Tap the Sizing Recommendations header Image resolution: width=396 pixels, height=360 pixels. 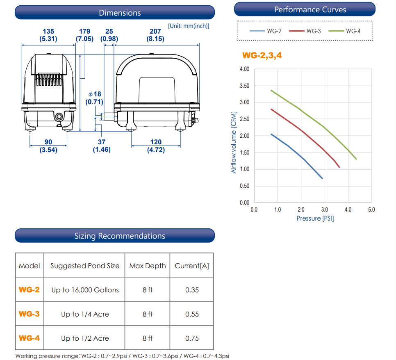tap(115, 236)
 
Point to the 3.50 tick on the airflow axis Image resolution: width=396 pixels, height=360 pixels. tap(244, 86)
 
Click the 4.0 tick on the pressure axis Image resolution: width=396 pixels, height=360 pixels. tap(348, 210)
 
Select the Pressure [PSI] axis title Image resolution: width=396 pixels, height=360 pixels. tap(315, 218)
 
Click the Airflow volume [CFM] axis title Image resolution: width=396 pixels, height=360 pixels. tap(234, 142)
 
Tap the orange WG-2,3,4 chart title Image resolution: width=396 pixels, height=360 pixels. tap(262, 55)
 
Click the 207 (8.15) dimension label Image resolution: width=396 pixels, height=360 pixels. tap(155, 35)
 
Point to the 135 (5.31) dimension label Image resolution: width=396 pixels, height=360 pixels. tap(48, 35)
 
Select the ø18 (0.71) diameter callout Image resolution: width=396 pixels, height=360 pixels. tap(94, 98)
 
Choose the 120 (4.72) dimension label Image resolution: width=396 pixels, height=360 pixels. tap(156, 146)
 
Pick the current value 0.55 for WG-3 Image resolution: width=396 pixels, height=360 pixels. tap(192, 314)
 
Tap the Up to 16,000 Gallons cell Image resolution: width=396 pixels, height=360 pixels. tap(85, 290)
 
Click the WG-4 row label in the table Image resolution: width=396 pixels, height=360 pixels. tap(29, 338)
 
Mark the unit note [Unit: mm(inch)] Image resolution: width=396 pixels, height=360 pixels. tap(189, 25)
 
